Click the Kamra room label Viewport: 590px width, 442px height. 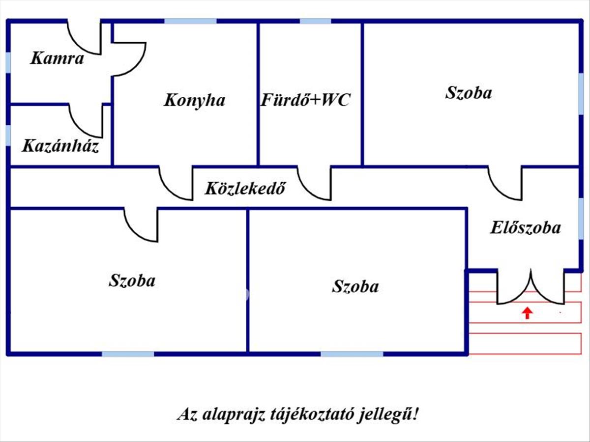57,59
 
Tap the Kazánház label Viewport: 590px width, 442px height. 60,146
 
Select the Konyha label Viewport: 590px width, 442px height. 194,100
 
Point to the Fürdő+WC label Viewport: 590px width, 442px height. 305,100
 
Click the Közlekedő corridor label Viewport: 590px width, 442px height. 245,188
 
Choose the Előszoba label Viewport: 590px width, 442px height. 526,228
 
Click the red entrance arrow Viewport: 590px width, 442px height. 527,313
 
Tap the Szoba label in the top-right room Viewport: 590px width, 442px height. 468,93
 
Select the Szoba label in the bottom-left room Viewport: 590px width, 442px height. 132,280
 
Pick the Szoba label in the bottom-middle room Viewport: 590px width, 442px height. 355,286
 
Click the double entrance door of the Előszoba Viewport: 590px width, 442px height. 531,290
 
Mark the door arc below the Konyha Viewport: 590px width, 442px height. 176,184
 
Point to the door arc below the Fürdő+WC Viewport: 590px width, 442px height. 314,184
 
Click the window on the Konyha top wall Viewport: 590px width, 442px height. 190,21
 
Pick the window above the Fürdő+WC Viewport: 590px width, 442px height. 315,21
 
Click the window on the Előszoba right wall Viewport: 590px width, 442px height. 581,216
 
